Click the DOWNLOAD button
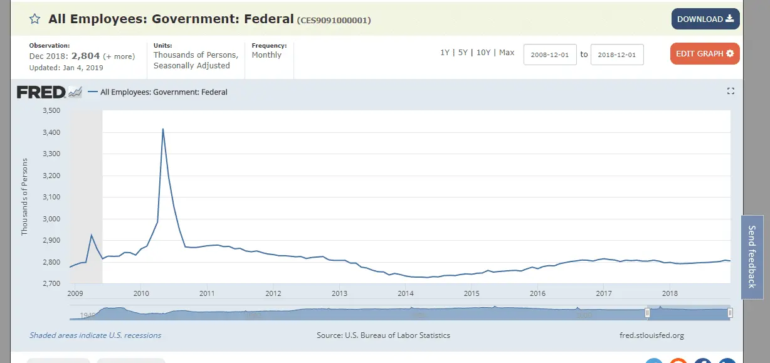coord(705,19)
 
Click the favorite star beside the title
coord(34,19)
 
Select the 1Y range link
coord(445,53)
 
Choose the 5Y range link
coord(463,53)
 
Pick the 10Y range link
coord(483,53)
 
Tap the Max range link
coord(507,53)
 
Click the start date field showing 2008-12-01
coord(550,55)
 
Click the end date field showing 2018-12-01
coord(617,55)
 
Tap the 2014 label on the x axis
coord(406,293)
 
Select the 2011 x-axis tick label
coord(207,293)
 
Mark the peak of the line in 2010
coord(163,129)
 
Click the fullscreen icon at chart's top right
coord(730,92)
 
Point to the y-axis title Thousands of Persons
coord(24,197)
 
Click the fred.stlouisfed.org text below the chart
coord(651,335)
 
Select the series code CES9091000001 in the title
coord(334,20)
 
